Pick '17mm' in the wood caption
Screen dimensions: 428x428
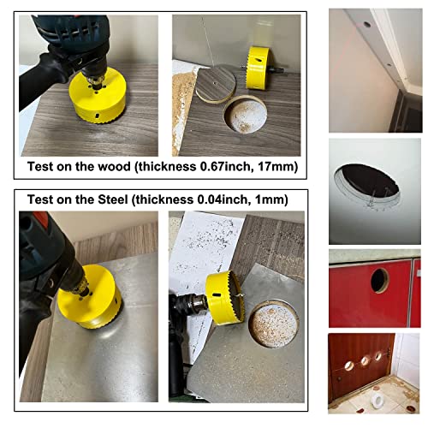pos(272,168)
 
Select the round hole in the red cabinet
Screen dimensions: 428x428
pos(378,279)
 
